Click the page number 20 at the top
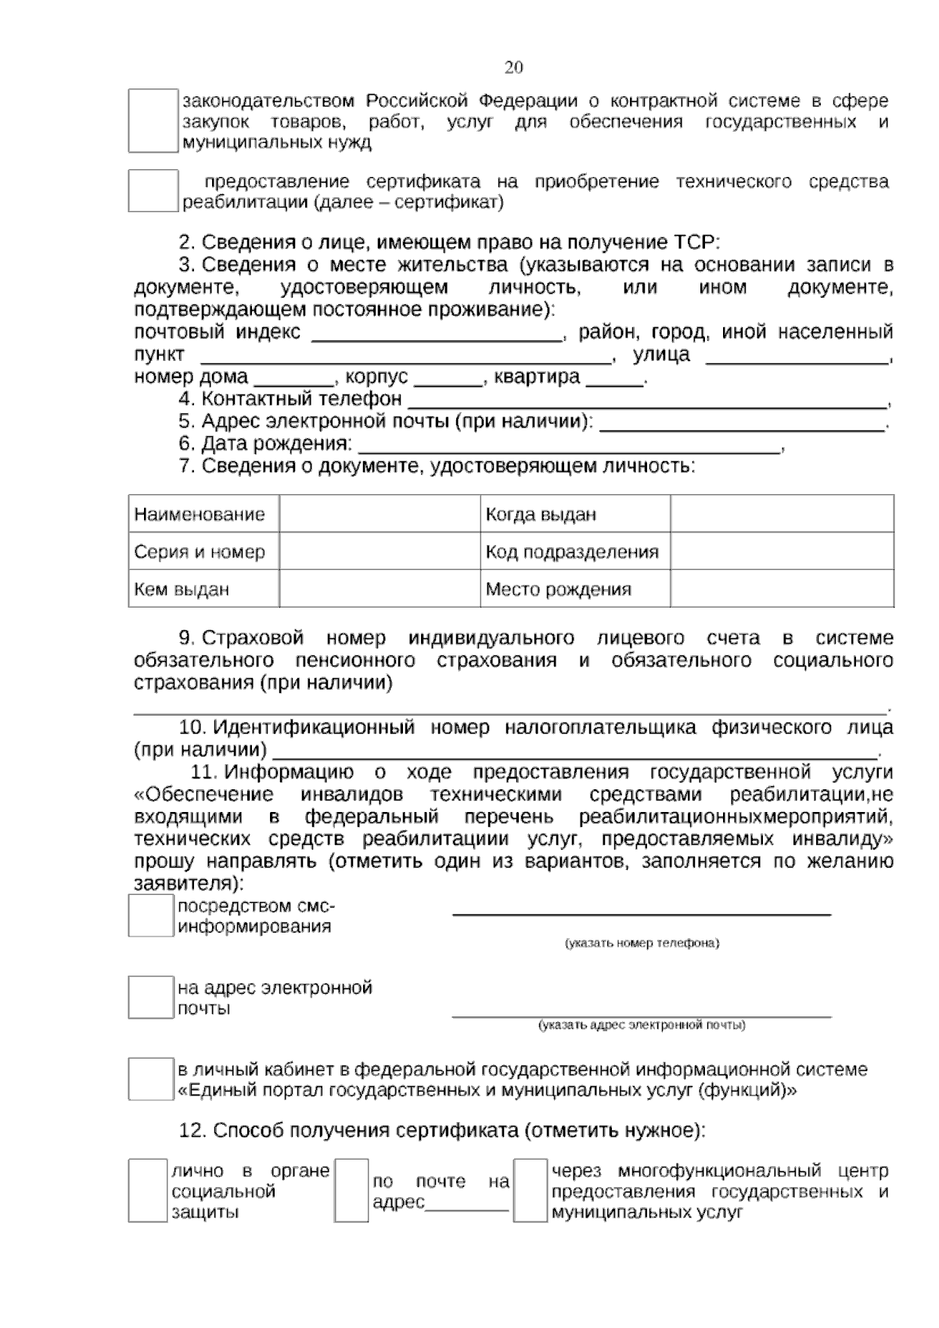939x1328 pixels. [513, 67]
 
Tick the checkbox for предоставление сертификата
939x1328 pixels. [153, 190]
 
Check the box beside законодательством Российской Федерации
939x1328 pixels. [153, 121]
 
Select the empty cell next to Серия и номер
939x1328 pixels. [380, 552]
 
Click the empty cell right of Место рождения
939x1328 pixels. [782, 589]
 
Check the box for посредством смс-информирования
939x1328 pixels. [150, 915]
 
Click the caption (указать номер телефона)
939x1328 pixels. [642, 943]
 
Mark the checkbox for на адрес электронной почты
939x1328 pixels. [150, 997]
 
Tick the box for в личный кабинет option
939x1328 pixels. [150, 1079]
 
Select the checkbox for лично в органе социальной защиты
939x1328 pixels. [148, 1190]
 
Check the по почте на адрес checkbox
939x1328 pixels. [351, 1190]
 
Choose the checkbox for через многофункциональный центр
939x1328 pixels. [530, 1190]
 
